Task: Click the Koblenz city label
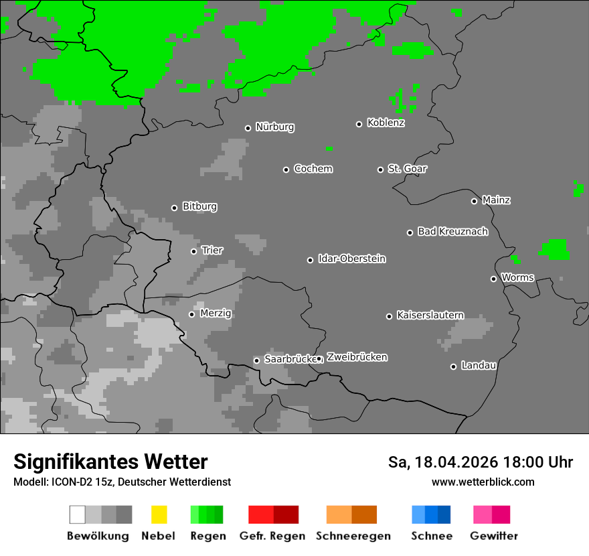click(x=386, y=123)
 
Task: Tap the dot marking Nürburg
click(x=248, y=128)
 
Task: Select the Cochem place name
click(x=313, y=169)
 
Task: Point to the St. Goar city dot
click(x=380, y=169)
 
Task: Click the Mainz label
click(x=496, y=200)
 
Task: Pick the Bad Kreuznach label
click(x=452, y=232)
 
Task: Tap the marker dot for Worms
click(x=493, y=279)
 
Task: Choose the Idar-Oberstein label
click(x=351, y=259)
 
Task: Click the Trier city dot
click(x=193, y=251)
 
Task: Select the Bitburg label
click(x=199, y=207)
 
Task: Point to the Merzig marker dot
click(x=191, y=314)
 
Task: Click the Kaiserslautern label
click(x=430, y=316)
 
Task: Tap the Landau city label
click(x=479, y=366)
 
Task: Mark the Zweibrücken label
click(x=357, y=358)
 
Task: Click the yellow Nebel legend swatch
click(x=159, y=514)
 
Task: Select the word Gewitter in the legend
click(x=493, y=536)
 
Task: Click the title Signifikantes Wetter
click(x=110, y=462)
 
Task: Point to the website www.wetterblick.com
click(x=483, y=482)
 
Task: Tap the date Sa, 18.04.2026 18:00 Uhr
click(x=480, y=462)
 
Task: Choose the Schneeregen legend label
click(x=352, y=536)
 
